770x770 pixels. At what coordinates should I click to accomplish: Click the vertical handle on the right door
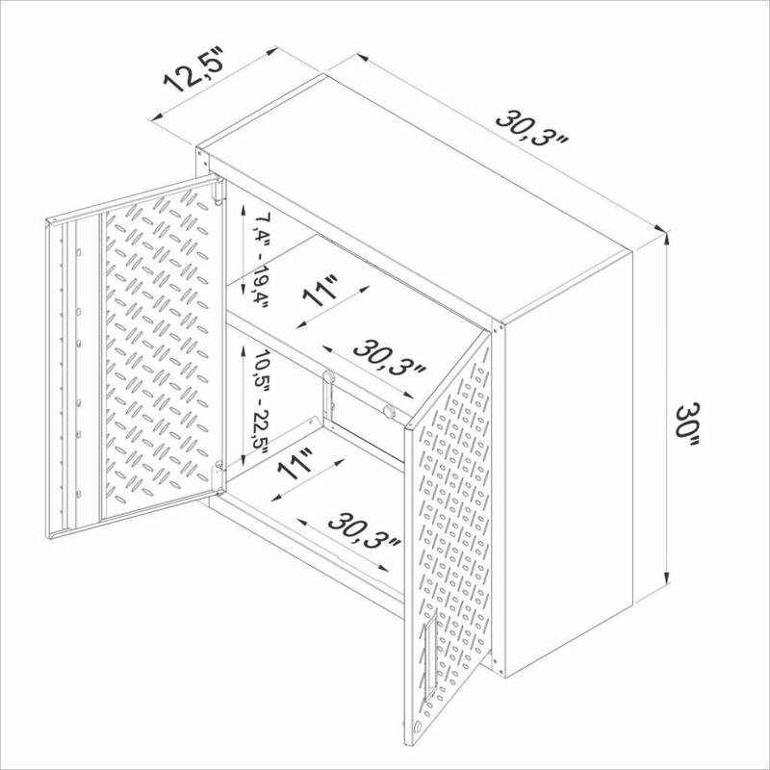tap(430, 654)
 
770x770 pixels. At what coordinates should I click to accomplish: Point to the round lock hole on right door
tap(416, 728)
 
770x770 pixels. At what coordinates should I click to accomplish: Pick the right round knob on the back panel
tap(389, 412)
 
